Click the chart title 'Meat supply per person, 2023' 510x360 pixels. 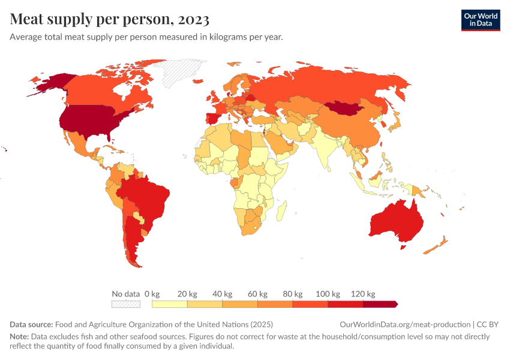point(109,19)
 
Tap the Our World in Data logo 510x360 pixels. point(480,20)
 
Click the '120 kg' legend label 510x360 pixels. point(363,294)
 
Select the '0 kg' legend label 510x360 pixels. point(152,294)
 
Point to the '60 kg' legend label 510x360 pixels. point(257,294)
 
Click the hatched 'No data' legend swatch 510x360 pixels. point(126,304)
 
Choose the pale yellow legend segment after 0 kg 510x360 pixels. point(170,304)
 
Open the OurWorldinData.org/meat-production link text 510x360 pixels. point(405,325)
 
